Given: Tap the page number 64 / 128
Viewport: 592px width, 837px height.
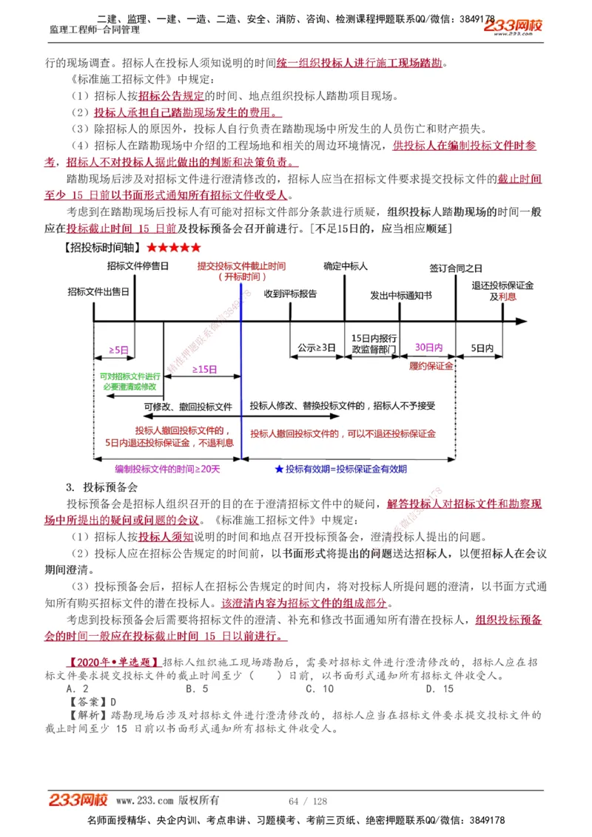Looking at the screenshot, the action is (308, 801).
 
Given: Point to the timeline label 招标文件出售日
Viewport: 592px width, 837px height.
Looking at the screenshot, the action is (98, 292).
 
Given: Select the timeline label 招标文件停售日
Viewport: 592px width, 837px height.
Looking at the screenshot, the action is (138, 265).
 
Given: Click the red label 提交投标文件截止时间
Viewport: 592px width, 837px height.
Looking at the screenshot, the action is (241, 265).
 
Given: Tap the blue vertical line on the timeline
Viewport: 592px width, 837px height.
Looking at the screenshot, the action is (241, 370).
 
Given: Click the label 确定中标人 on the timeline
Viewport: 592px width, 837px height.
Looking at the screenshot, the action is (345, 265).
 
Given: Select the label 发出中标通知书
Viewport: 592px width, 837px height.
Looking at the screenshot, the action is (401, 295).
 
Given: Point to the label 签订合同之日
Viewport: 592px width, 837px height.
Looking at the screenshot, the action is (455, 268).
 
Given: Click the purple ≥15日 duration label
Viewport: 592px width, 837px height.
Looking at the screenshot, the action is (204, 368).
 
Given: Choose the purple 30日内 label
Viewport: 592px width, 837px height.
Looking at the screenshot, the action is (428, 347).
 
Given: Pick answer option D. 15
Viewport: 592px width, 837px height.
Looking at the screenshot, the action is (440, 688).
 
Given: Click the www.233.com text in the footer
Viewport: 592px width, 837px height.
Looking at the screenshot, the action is (144, 801).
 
